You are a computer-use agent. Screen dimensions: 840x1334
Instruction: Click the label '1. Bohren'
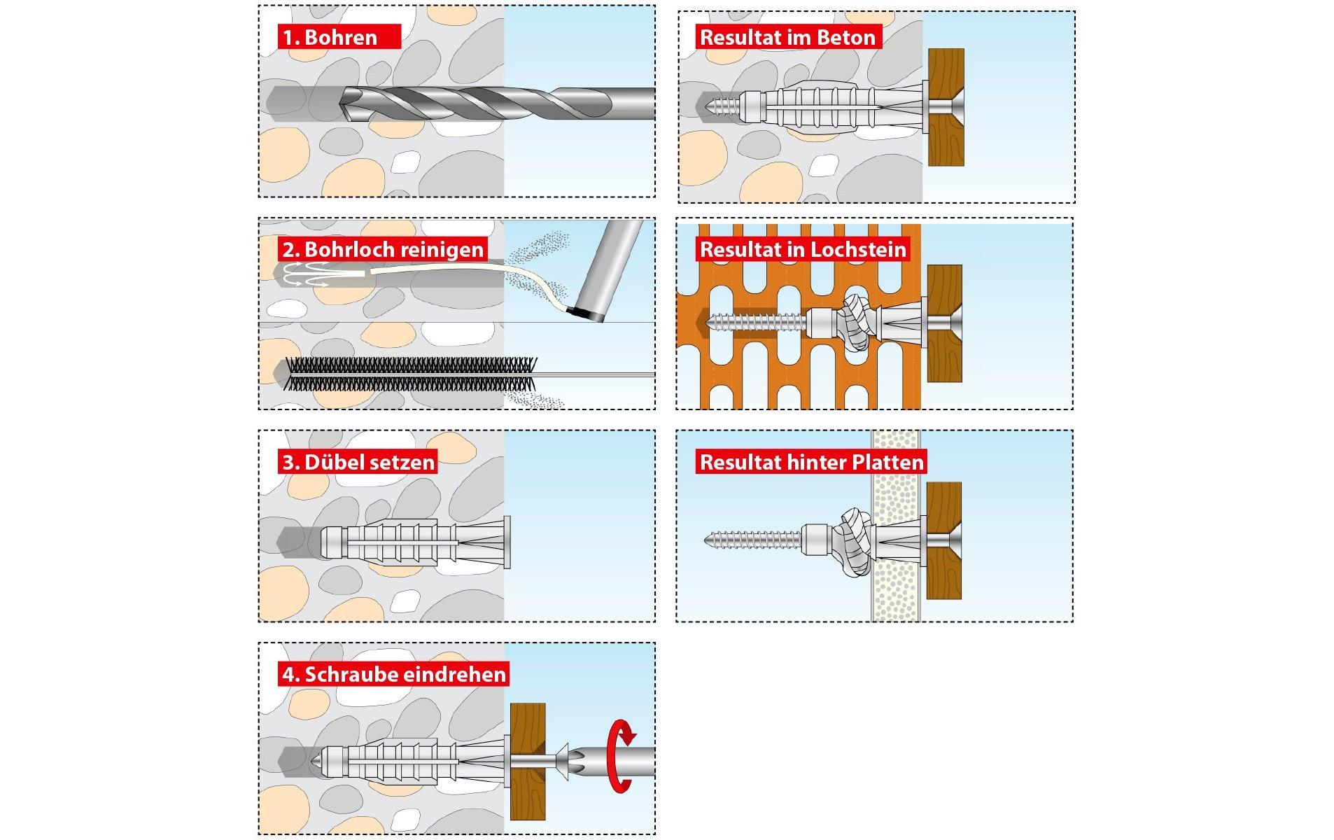(339, 37)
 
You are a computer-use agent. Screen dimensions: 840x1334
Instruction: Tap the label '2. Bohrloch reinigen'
(382, 250)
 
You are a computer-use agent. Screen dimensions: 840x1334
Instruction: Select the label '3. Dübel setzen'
(358, 462)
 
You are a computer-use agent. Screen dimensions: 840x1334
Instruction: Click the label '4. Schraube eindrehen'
(393, 674)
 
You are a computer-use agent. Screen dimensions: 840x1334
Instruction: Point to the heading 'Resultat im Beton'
(787, 37)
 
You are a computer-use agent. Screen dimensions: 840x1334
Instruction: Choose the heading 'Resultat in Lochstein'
(803, 249)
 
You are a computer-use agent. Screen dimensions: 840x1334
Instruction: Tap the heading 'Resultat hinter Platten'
(812, 462)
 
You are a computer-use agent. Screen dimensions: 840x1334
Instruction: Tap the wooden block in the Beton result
(946, 107)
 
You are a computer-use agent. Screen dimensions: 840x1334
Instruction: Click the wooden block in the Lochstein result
(944, 323)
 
